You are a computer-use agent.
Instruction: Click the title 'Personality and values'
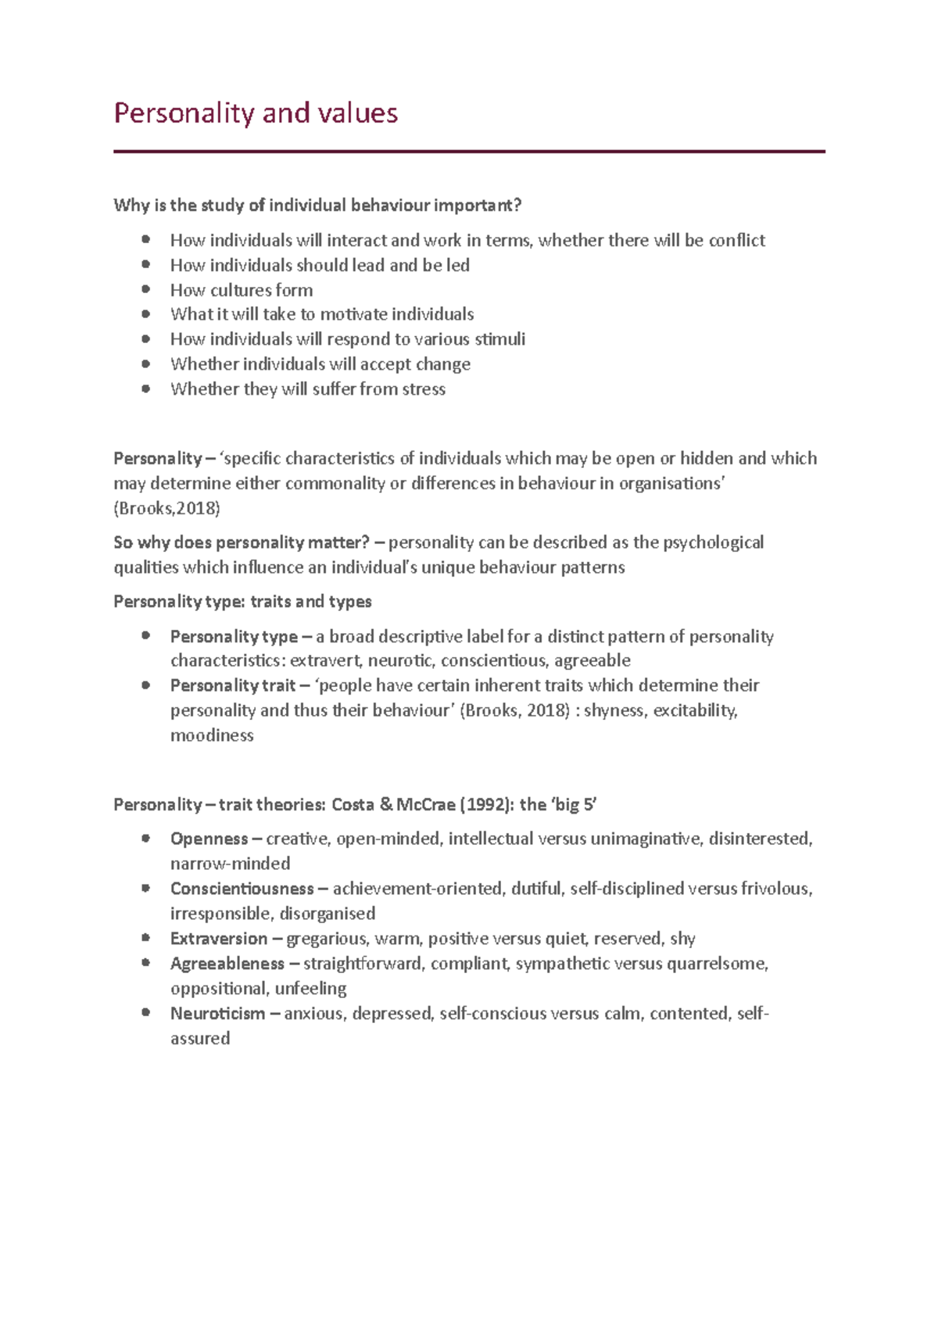tap(256, 113)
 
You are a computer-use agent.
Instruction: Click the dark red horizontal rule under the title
tap(469, 152)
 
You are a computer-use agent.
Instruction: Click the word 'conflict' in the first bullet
tap(736, 241)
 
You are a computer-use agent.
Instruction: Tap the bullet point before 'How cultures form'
tap(146, 289)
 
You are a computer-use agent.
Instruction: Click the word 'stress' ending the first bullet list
tap(423, 389)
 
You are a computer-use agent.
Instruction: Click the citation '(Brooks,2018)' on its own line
tap(166, 509)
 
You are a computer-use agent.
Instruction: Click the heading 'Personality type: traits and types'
tap(242, 602)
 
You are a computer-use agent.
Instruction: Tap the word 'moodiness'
tap(212, 735)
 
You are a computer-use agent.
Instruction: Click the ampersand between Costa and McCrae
tap(385, 805)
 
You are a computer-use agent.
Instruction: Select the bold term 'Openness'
tap(209, 839)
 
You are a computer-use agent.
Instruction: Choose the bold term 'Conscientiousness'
tap(242, 889)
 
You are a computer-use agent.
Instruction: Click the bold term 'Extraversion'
tap(218, 939)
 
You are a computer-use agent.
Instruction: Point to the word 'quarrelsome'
tap(716, 964)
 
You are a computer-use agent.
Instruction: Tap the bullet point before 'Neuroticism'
tap(146, 1012)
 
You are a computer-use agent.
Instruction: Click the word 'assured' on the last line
tap(200, 1039)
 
